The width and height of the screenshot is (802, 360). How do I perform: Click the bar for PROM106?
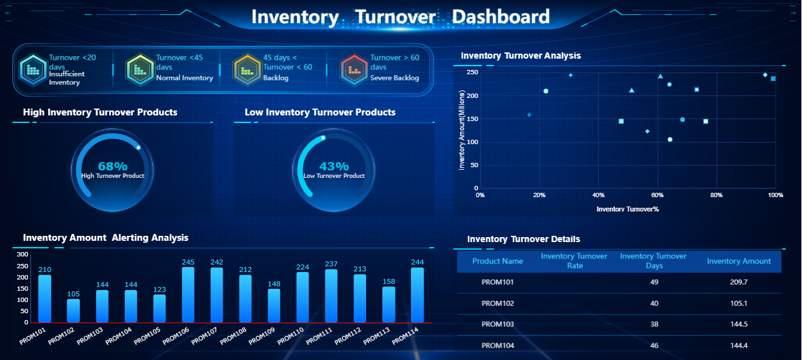[x=188, y=294]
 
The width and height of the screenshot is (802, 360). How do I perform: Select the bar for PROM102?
[x=73, y=311]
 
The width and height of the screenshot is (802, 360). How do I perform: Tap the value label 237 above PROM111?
[x=331, y=264]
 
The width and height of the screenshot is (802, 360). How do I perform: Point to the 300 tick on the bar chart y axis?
[x=22, y=255]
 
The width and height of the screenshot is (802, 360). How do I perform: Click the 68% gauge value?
[x=113, y=167]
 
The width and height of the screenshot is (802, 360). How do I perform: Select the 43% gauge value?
[x=334, y=167]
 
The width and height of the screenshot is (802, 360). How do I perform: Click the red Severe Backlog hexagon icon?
[x=354, y=69]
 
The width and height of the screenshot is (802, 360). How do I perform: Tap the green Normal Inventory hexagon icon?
[x=139, y=69]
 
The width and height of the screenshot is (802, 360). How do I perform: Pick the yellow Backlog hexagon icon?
[x=246, y=69]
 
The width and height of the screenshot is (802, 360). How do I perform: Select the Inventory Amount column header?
[x=738, y=261]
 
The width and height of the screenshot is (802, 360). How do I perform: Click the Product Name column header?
[x=498, y=261]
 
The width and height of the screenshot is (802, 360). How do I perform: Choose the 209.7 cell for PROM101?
[x=738, y=282]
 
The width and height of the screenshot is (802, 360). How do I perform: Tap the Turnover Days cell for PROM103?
[x=654, y=324]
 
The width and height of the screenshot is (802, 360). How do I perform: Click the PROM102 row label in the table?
[x=498, y=303]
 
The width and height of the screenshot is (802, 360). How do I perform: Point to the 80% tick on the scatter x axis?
[x=717, y=195]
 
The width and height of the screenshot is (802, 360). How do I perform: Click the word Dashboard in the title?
[x=501, y=17]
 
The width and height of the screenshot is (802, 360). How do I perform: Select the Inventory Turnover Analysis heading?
[x=521, y=56]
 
